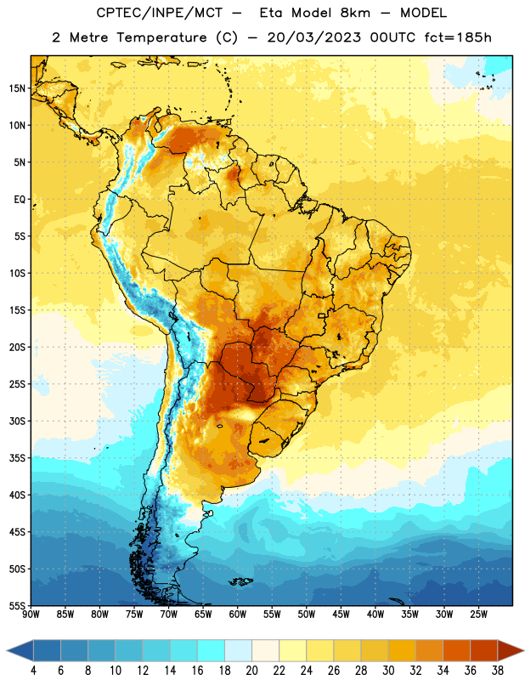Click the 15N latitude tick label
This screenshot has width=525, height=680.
[17, 88]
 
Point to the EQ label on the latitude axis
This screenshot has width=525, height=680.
[20, 200]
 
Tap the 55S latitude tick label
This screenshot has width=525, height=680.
[17, 605]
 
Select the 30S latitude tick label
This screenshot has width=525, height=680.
[17, 421]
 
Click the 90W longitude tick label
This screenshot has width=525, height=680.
[31, 615]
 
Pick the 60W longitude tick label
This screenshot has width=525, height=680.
[238, 615]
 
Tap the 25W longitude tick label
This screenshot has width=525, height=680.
[478, 615]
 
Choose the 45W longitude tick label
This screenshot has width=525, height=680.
[341, 615]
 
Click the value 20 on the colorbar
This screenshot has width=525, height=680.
[251, 671]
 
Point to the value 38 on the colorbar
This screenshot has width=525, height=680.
[497, 671]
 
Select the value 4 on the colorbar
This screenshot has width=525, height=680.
[33, 671]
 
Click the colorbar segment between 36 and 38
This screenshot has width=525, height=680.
[484, 650]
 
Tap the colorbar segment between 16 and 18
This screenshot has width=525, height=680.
[212, 650]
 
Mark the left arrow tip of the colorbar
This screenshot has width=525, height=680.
[7, 650]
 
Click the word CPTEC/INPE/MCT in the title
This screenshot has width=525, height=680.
[159, 13]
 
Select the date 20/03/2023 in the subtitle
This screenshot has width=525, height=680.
[313, 37]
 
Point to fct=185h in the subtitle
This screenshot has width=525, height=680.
[458, 37]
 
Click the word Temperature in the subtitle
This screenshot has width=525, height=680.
[161, 38]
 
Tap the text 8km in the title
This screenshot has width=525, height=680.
[355, 13]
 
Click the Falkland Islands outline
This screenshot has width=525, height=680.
[240, 581]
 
